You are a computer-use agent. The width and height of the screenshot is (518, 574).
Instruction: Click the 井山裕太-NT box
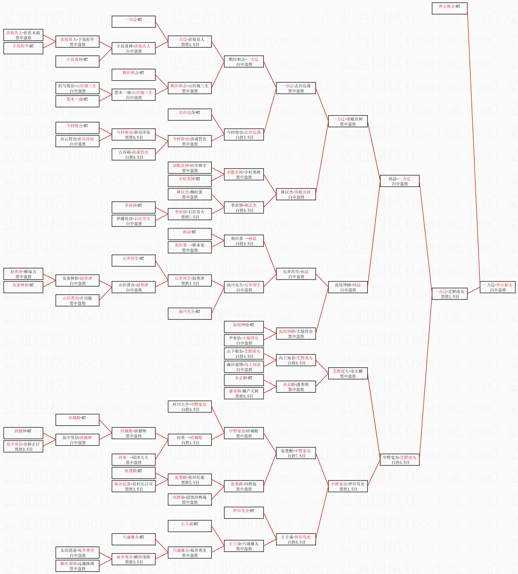449,8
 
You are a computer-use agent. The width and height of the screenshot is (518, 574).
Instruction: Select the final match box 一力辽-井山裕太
498,287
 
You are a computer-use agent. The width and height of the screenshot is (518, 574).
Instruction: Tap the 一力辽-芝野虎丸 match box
449,294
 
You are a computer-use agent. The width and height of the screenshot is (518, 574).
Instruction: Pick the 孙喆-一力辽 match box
400,181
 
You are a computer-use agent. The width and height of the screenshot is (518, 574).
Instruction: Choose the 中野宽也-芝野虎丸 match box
400,460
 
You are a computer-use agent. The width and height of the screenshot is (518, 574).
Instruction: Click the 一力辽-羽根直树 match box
348,121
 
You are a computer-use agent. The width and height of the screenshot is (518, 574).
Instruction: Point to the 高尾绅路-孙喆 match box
348,287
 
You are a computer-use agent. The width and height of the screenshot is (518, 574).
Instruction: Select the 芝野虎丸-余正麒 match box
348,373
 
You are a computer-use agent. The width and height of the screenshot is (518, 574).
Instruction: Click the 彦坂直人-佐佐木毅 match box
23,35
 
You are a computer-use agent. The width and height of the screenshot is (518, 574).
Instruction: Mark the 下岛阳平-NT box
23,48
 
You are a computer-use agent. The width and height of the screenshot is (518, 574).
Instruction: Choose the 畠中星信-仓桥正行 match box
23,446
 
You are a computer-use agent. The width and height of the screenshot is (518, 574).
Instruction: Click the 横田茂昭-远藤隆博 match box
77,566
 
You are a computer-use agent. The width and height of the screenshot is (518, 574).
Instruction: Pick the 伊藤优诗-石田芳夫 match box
134,221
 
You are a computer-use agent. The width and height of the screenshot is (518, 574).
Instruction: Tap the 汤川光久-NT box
189,314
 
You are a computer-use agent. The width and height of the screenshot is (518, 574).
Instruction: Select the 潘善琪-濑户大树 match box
244,393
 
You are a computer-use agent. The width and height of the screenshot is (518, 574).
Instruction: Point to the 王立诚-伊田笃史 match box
296,539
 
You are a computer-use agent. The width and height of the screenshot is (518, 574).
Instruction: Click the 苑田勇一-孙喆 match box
244,241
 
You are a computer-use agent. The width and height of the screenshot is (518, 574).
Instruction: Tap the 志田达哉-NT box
189,115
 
